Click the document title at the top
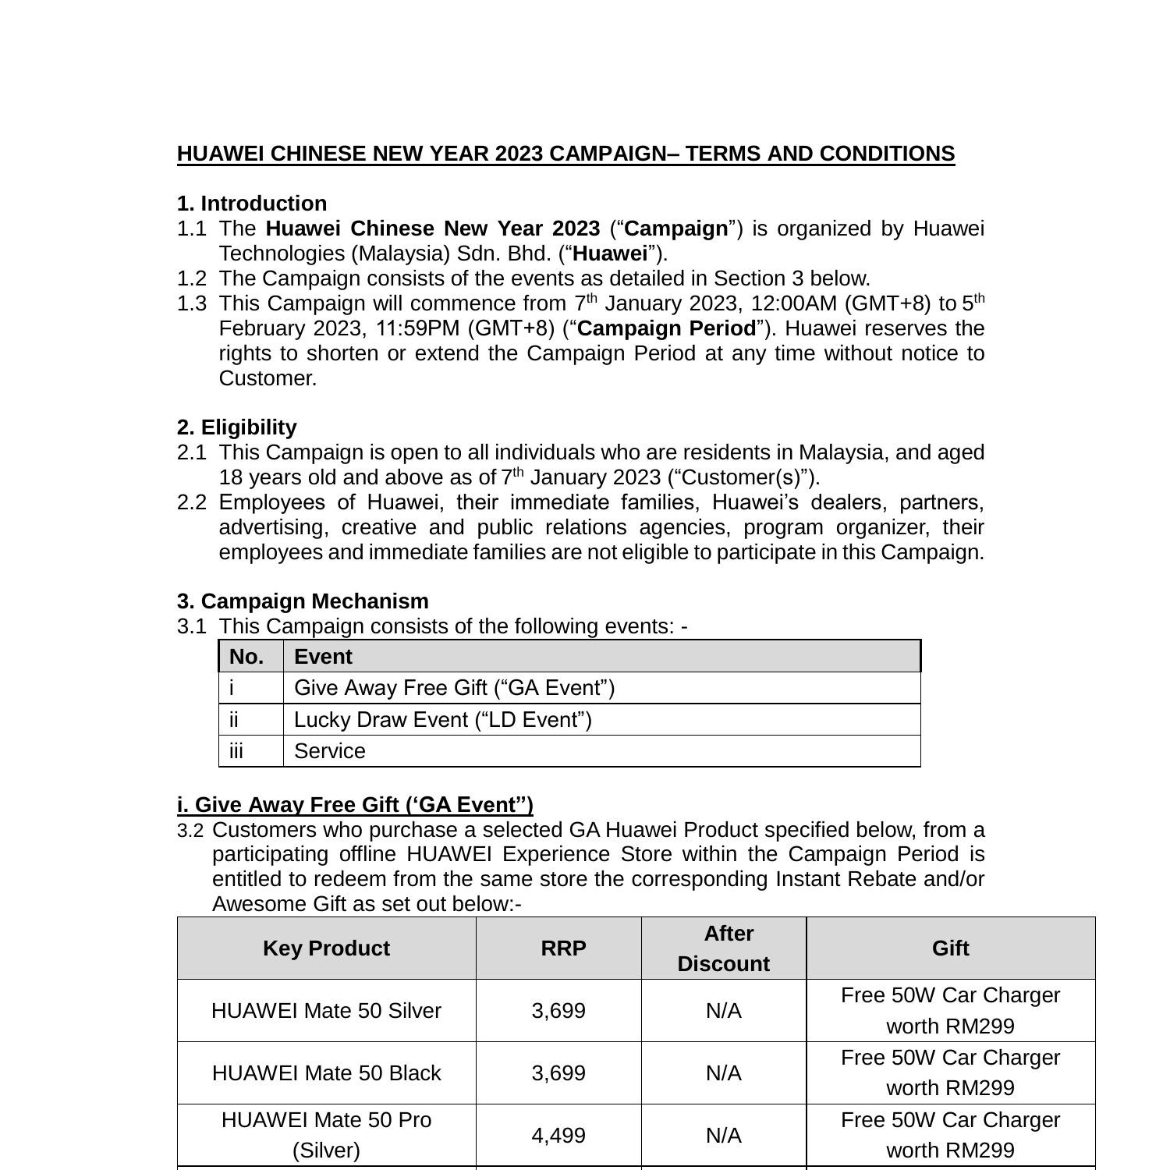(x=565, y=154)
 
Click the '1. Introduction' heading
(x=252, y=204)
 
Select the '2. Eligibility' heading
(x=237, y=427)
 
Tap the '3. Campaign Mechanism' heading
(x=303, y=601)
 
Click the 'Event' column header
(x=323, y=657)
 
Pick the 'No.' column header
(x=246, y=657)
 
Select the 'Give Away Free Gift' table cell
(x=454, y=688)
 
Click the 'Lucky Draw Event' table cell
(x=442, y=720)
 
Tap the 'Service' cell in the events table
(x=329, y=751)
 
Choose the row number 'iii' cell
(x=236, y=751)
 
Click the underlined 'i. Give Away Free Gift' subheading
(x=355, y=805)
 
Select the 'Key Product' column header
(x=326, y=948)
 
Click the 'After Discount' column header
(x=724, y=948)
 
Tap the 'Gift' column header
(x=950, y=948)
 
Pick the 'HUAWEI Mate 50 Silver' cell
(x=326, y=1011)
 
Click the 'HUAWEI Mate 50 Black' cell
(x=326, y=1073)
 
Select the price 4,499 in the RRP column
(x=558, y=1136)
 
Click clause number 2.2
(x=192, y=502)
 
